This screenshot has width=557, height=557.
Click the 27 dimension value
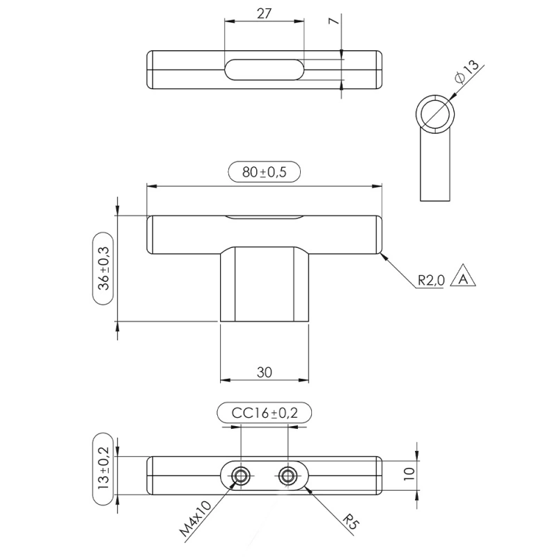264,14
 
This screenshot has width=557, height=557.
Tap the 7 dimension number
334,21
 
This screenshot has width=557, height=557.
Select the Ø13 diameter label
466,72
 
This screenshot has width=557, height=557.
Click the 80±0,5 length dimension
264,172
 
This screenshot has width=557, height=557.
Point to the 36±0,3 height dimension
104,269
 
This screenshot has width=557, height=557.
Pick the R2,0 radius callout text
431,281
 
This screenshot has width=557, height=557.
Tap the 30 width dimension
265,372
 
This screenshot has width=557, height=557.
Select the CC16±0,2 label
265,413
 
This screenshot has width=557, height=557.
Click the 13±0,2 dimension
103,469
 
